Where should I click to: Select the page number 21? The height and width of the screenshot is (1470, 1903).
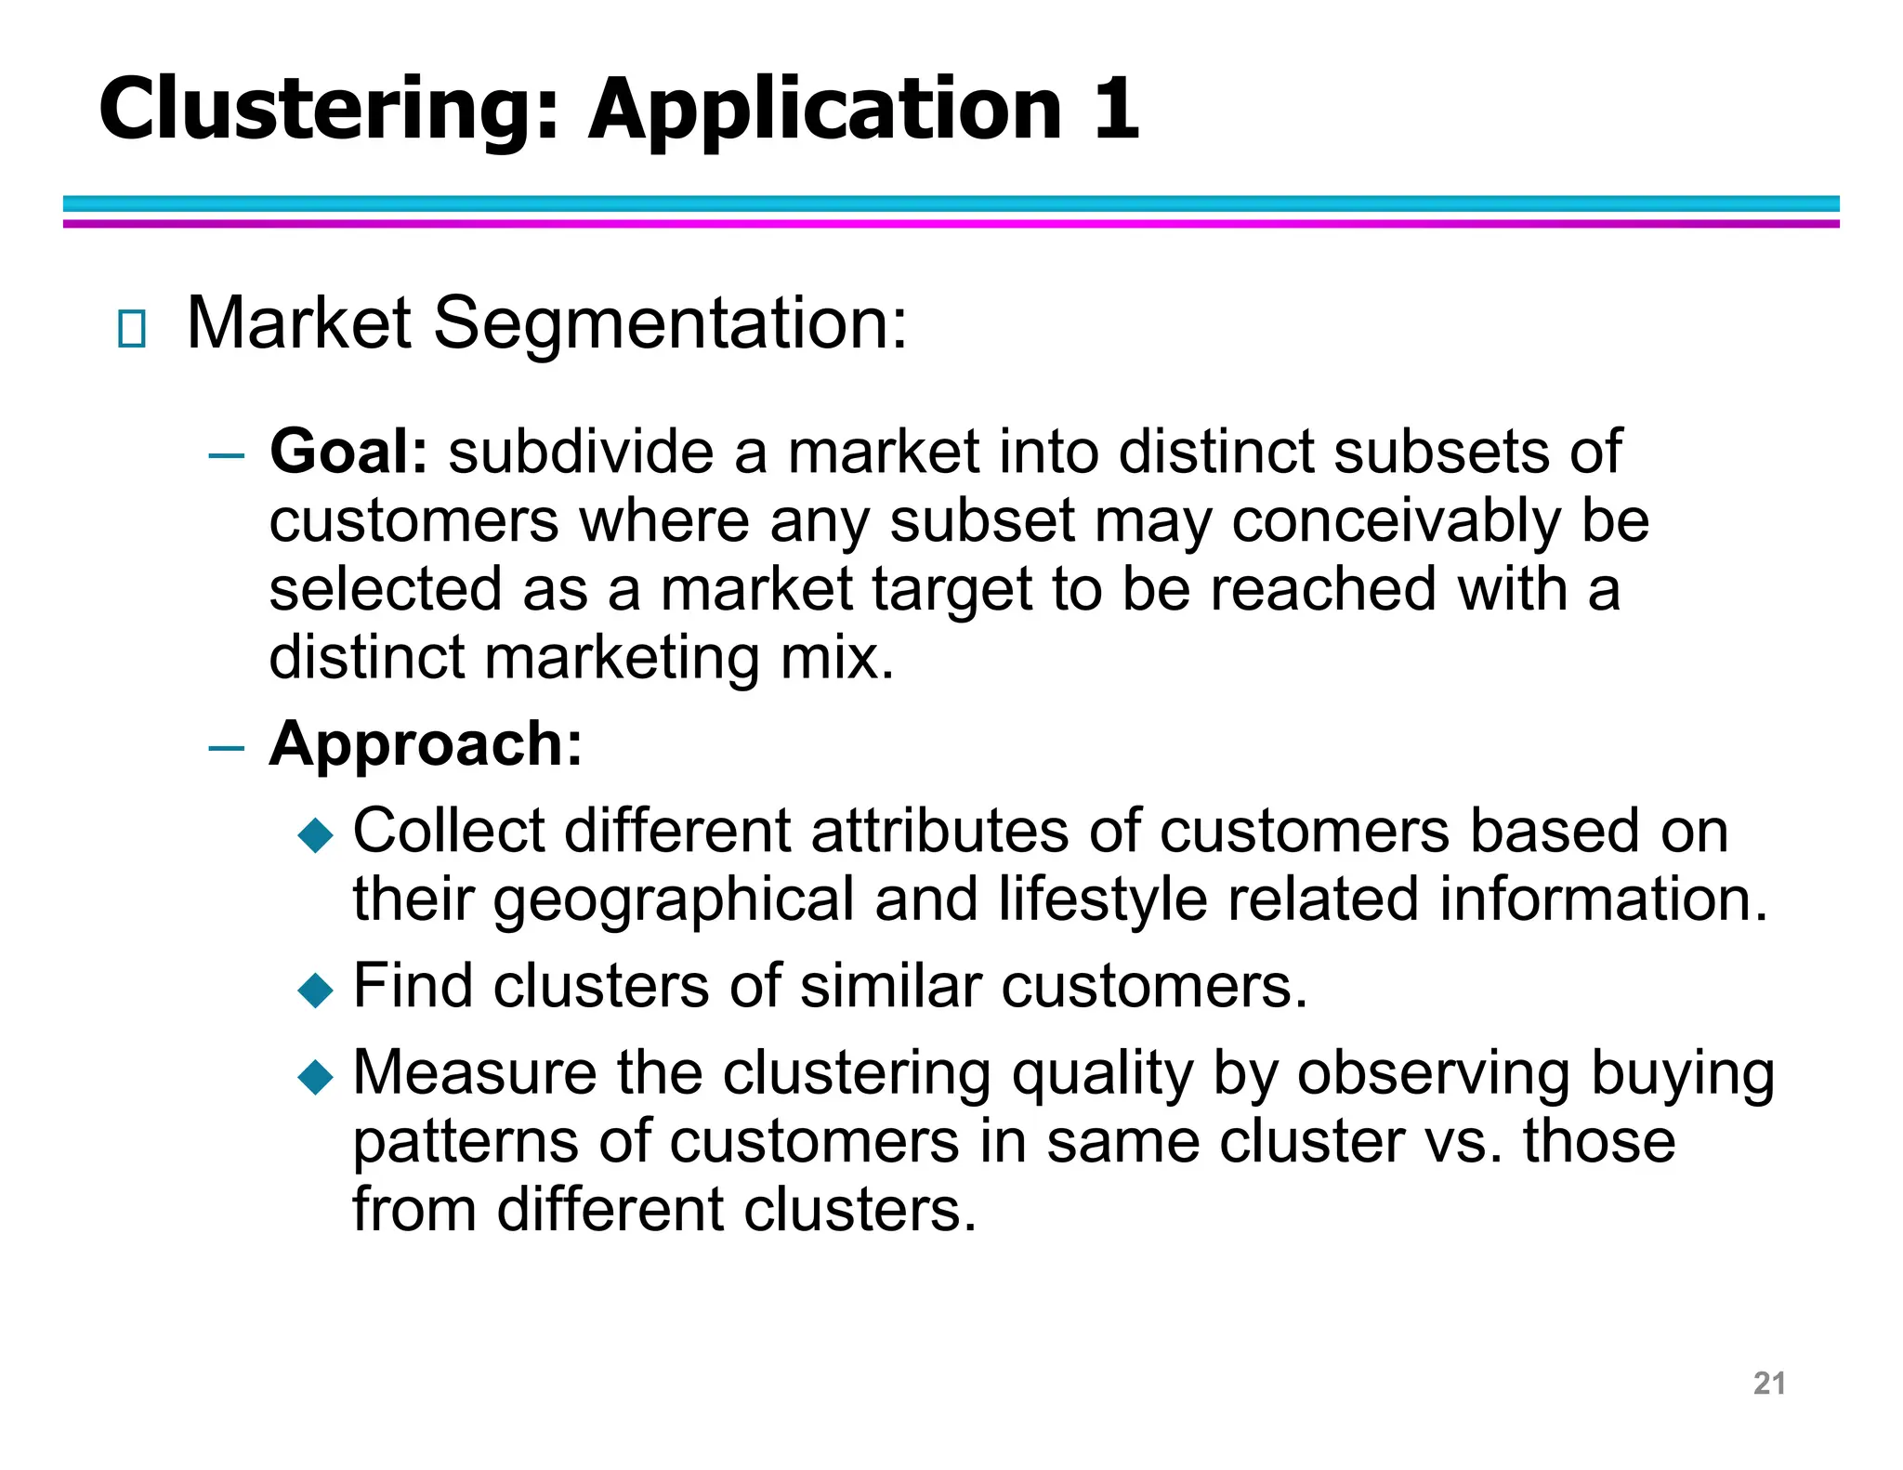coord(1768,1383)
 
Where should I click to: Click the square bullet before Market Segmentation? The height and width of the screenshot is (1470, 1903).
coord(132,329)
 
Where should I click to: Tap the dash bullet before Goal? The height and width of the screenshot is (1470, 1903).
coord(226,456)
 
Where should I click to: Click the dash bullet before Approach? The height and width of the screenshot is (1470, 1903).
coord(226,748)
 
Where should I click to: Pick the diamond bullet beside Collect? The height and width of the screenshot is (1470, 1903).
coord(315,834)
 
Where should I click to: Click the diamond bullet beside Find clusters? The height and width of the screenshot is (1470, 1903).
coord(315,990)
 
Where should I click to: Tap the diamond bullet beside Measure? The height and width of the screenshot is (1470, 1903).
coord(315,1077)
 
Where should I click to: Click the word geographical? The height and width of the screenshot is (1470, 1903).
coord(673,899)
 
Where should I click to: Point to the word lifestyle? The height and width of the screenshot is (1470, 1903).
coord(1102,899)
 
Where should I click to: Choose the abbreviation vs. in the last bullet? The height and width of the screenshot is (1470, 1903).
coord(1463,1141)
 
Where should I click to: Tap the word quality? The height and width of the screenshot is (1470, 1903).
coord(1101,1074)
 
